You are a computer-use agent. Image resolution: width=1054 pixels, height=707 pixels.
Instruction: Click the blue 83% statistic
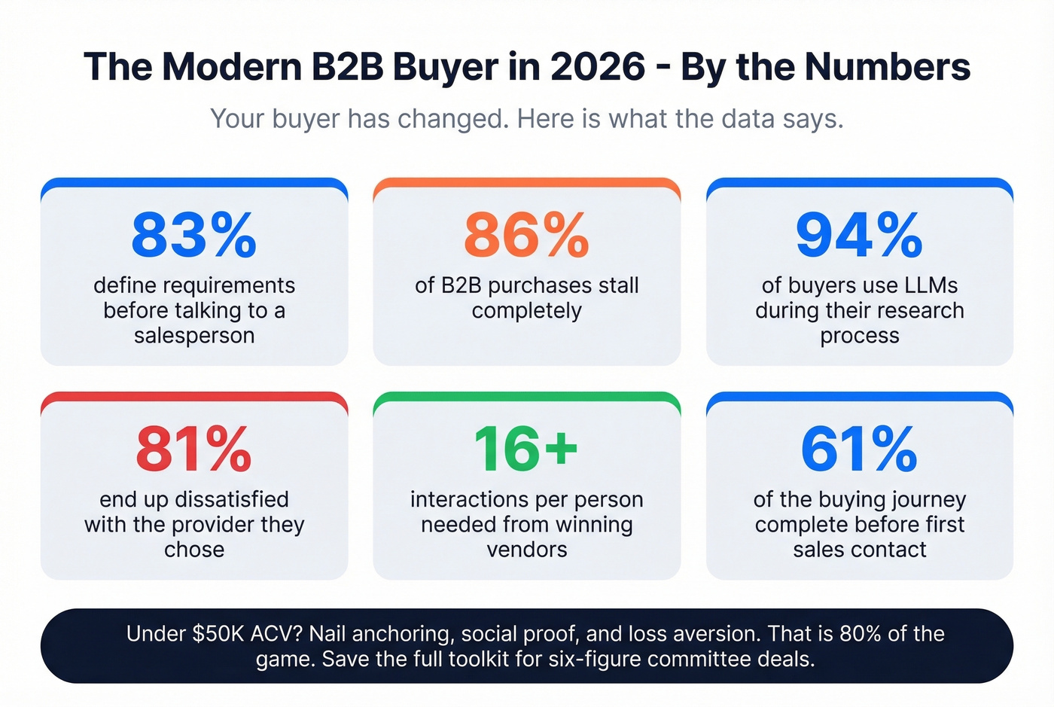(193, 235)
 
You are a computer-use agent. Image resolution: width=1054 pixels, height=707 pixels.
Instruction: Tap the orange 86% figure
(526, 235)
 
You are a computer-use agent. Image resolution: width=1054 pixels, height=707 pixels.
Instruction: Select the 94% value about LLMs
(859, 235)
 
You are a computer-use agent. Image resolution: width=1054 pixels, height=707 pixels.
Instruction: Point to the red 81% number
(193, 449)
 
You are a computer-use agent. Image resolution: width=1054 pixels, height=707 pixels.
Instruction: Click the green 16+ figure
(526, 449)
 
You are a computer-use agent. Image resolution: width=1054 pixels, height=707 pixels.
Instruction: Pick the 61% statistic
(859, 449)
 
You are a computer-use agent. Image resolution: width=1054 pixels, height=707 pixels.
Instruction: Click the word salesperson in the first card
(194, 335)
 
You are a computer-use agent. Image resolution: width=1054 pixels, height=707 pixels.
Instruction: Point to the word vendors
(526, 550)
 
